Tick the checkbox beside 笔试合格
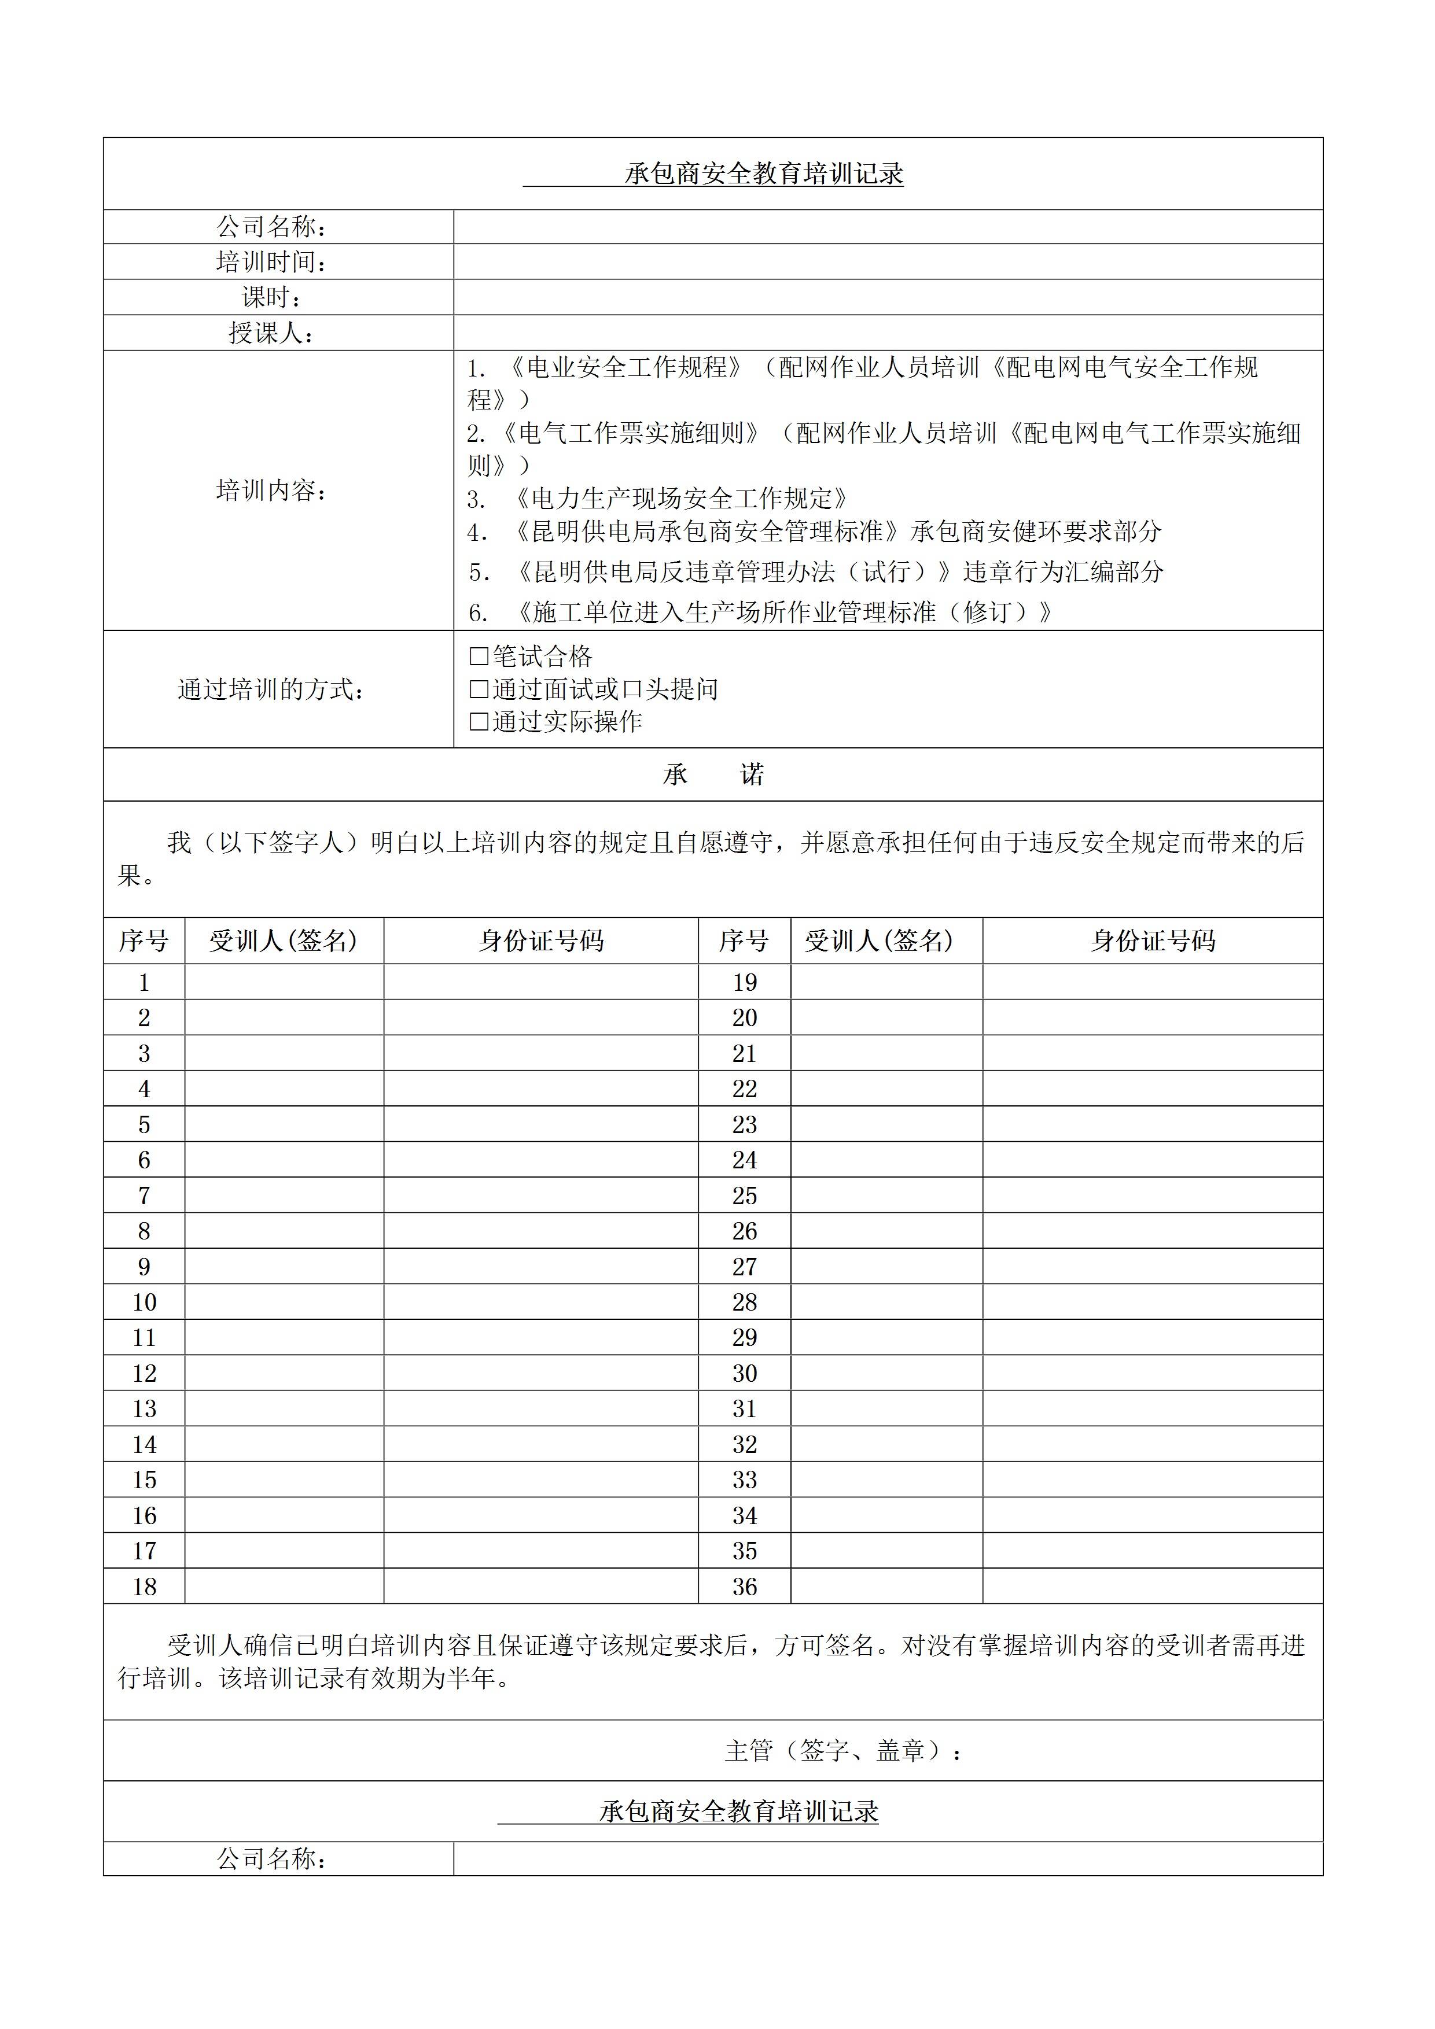tap(479, 656)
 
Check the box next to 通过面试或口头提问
tap(479, 689)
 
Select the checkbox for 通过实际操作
tap(479, 722)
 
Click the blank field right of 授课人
tap(888, 333)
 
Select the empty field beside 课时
tap(888, 298)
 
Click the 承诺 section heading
tap(713, 775)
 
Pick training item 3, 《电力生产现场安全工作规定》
tap(658, 499)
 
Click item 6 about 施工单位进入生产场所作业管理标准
tap(760, 613)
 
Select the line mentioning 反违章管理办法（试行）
tap(815, 573)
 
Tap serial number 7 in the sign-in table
tap(144, 1196)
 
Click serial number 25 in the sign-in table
tap(745, 1196)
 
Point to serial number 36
tap(745, 1587)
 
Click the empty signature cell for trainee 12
tap(284, 1373)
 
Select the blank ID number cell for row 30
tap(1152, 1373)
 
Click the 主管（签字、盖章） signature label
tap(842, 1751)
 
